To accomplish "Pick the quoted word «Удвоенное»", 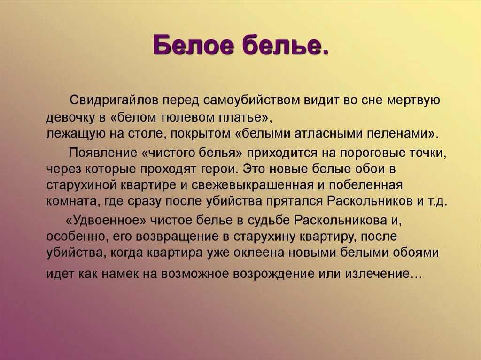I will pos(105,220).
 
